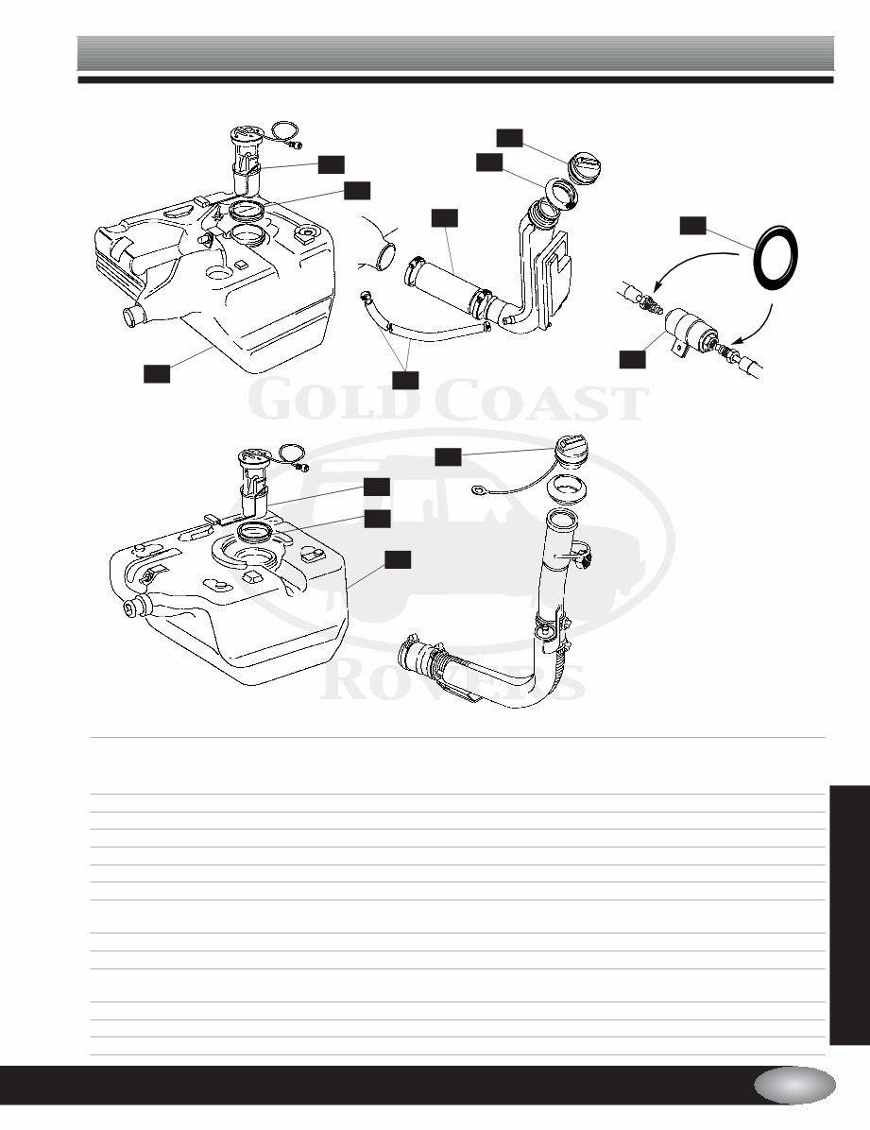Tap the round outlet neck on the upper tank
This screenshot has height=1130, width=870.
click(129, 315)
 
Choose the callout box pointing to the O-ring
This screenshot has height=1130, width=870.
click(693, 225)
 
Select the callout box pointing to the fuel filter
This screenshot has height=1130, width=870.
click(631, 357)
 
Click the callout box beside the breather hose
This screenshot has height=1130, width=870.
click(405, 379)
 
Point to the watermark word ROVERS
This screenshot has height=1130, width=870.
click(453, 680)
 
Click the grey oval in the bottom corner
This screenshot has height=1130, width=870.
click(794, 1085)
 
